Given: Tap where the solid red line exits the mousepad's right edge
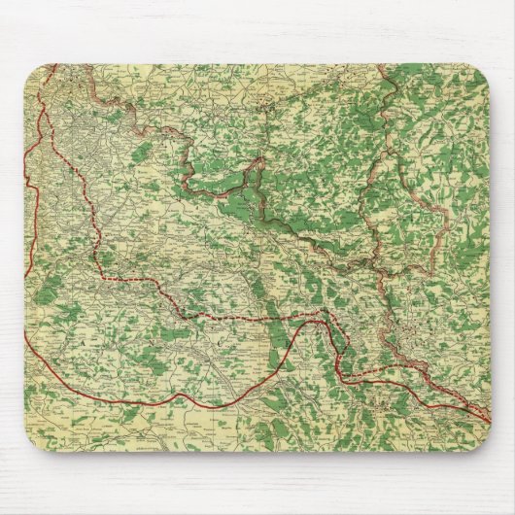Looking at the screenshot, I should (x=490, y=420).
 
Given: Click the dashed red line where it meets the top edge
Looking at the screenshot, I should (x=55, y=65).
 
